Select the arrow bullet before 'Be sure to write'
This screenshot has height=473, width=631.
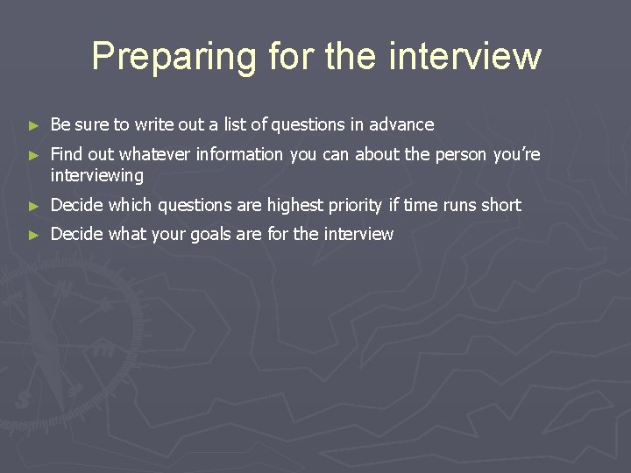click(x=33, y=126)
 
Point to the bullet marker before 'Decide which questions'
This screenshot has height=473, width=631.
click(x=33, y=207)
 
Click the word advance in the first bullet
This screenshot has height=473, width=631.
click(x=403, y=125)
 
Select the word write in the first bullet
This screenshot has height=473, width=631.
click(x=154, y=125)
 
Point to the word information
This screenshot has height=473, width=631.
click(x=239, y=155)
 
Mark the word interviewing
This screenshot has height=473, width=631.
click(x=96, y=176)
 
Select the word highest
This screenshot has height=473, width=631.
click(x=297, y=206)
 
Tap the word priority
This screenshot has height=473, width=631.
click(x=358, y=206)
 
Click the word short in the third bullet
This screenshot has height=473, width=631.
click(x=500, y=206)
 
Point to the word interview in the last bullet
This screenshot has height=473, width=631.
click(x=358, y=235)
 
